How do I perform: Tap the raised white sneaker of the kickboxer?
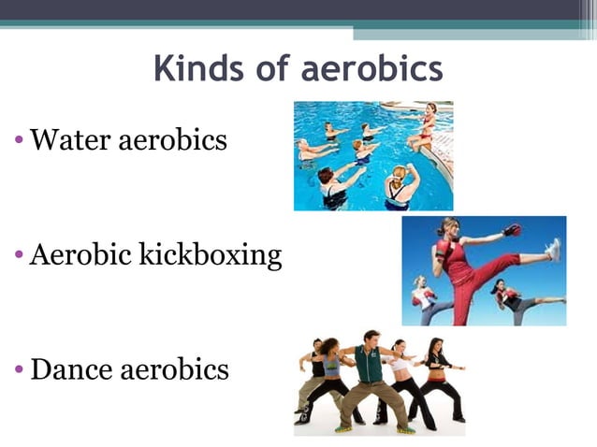[x=553, y=250]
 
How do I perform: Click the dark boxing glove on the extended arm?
[x=511, y=229]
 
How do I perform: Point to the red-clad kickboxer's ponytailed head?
[x=449, y=227]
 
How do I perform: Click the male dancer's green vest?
[x=369, y=366]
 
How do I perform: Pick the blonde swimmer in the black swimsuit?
[x=400, y=187]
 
